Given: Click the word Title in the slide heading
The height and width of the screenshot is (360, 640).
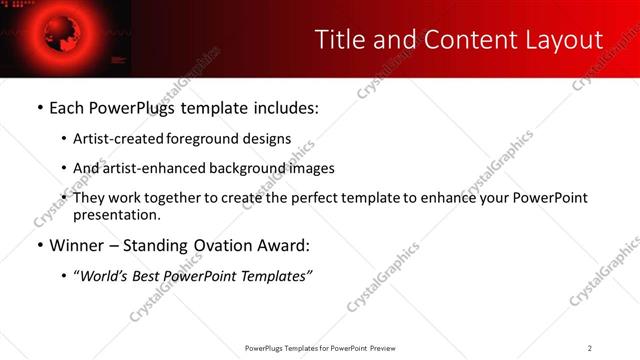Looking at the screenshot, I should (337, 40).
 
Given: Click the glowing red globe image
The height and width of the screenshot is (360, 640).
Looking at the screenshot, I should (47, 35).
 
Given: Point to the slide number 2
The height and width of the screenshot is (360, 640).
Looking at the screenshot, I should (590, 348).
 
